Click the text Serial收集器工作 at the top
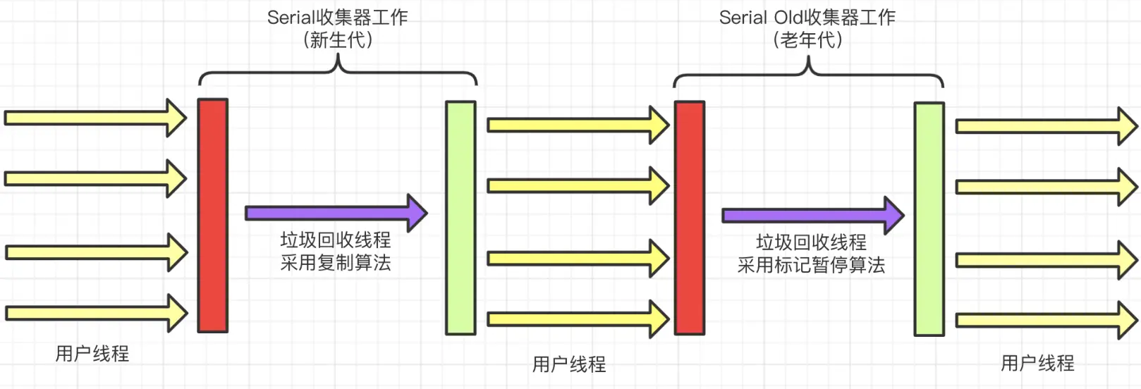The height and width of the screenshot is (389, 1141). click(337, 17)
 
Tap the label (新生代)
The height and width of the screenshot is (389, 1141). click(337, 40)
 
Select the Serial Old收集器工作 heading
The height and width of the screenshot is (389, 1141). click(807, 17)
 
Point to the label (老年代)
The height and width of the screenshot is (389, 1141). click(807, 40)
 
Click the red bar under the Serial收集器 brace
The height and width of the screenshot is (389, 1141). click(212, 215)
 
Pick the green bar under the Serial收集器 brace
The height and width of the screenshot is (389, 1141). click(460, 217)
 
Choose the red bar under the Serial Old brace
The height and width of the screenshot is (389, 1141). click(689, 217)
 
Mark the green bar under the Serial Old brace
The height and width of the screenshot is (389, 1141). click(929, 218)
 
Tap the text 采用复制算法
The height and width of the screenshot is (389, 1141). click(336, 263)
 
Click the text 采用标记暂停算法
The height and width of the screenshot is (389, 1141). click(811, 265)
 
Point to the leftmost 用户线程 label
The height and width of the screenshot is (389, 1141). click(92, 353)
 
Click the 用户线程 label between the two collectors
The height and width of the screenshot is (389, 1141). click(569, 364)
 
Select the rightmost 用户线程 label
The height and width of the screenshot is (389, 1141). click(1037, 363)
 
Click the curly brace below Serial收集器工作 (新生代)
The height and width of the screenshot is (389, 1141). click(338, 71)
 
